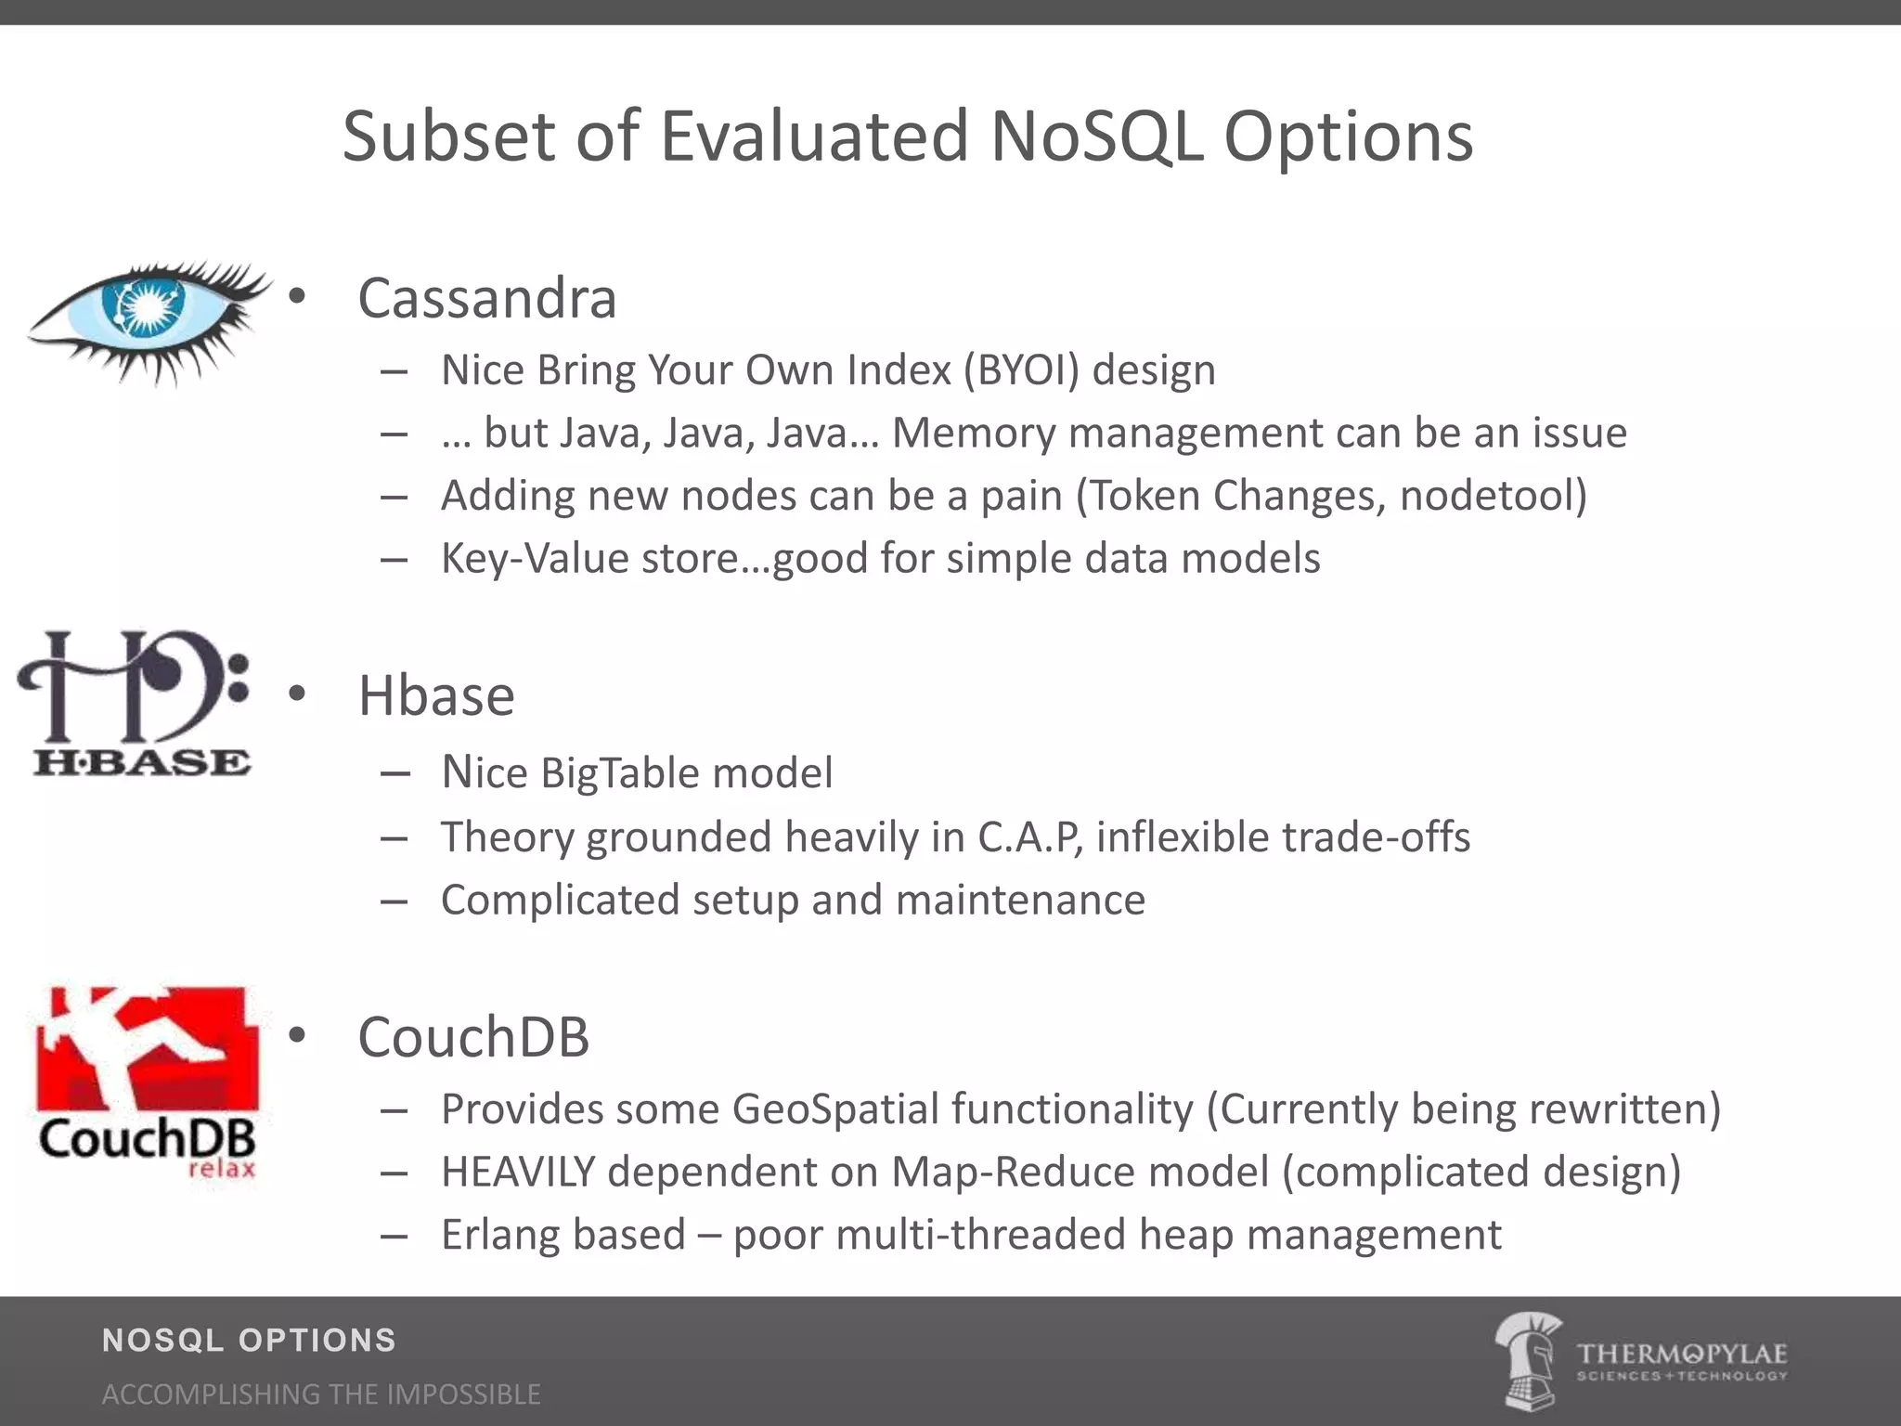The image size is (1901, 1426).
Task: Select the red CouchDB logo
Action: pyautogui.click(x=147, y=1082)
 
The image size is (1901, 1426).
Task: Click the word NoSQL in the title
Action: pyautogui.click(x=1096, y=136)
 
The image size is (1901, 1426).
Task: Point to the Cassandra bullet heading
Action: pyautogui.click(x=487, y=299)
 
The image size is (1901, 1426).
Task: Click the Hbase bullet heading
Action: pyautogui.click(x=436, y=696)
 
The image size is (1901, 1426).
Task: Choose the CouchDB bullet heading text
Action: pyautogui.click(x=473, y=1037)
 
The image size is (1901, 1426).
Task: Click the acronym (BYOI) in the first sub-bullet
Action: pyautogui.click(x=1021, y=370)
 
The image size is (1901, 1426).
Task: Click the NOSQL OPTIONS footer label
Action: pyautogui.click(x=249, y=1340)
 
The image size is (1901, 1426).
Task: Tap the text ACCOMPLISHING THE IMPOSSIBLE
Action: pyautogui.click(x=321, y=1394)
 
